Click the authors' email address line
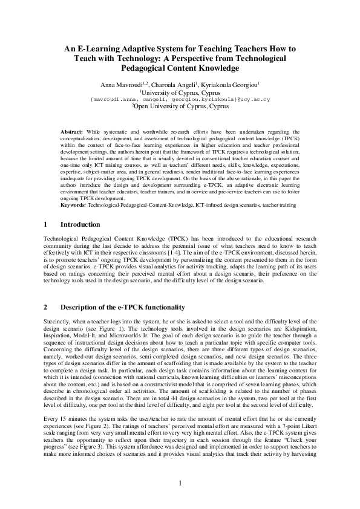180,98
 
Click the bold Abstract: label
74,131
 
